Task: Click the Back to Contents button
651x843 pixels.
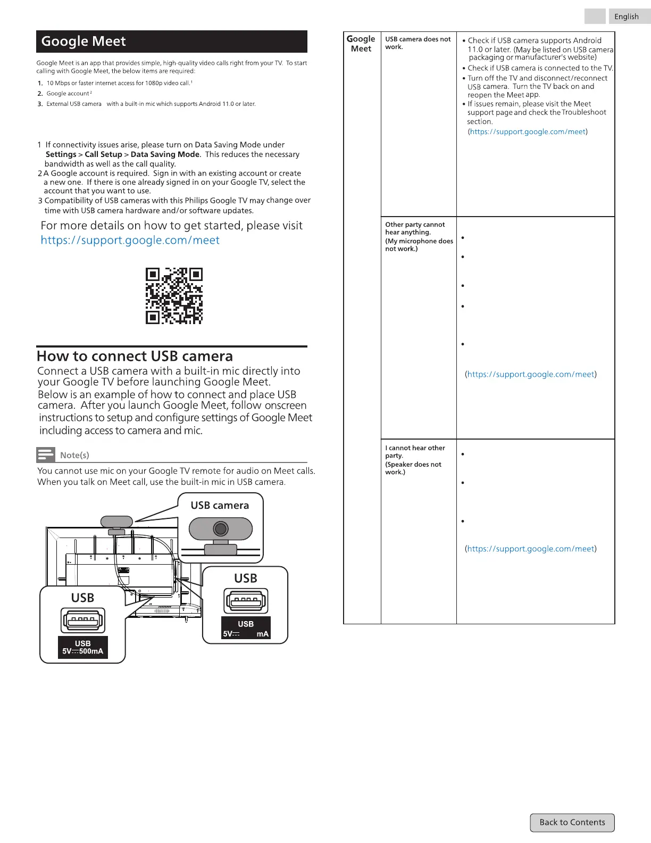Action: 572,822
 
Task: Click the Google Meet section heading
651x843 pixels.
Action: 84,42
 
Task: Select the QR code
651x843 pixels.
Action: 174,296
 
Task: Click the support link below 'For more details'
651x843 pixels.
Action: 130,240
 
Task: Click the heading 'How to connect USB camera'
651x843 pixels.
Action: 135,356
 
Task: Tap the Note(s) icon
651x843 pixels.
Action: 46,454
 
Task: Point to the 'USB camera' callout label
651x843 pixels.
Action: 220,505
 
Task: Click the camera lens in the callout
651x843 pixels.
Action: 221,528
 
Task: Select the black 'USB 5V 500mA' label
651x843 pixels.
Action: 83,647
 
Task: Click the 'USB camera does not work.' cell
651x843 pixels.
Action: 418,43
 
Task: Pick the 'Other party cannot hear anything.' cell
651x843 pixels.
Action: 419,236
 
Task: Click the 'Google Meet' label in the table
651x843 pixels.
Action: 362,44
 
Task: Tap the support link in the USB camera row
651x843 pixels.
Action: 528,131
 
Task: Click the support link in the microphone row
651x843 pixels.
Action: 531,374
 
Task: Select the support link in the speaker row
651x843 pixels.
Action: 531,549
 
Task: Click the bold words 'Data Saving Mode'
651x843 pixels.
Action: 165,154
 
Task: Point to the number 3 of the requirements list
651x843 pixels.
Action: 40,104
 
